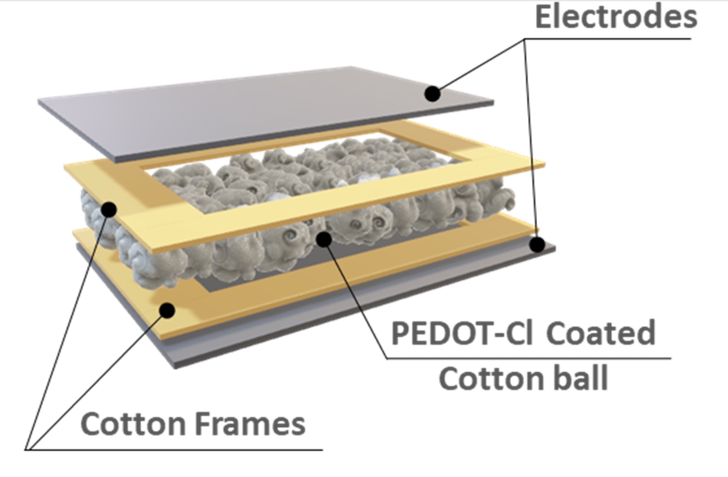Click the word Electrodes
pos(616,17)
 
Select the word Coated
pos(600,334)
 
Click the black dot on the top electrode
pos(433,93)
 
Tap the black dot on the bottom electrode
pos(537,244)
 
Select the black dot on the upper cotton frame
pos(109,209)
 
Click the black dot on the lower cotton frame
pos(167,310)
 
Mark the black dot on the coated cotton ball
pos(324,239)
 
